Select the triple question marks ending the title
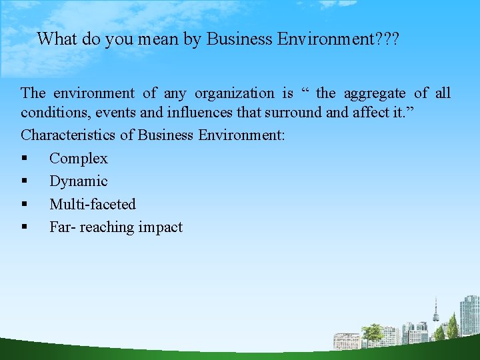(386, 39)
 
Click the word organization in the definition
(234, 93)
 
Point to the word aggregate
(374, 93)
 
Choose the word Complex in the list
(78, 159)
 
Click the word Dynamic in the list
(78, 181)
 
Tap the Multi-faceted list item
(92, 204)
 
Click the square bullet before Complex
(25, 159)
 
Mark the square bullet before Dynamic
(25, 181)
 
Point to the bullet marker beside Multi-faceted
(25, 204)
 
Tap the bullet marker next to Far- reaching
(25, 227)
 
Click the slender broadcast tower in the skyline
(436, 313)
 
